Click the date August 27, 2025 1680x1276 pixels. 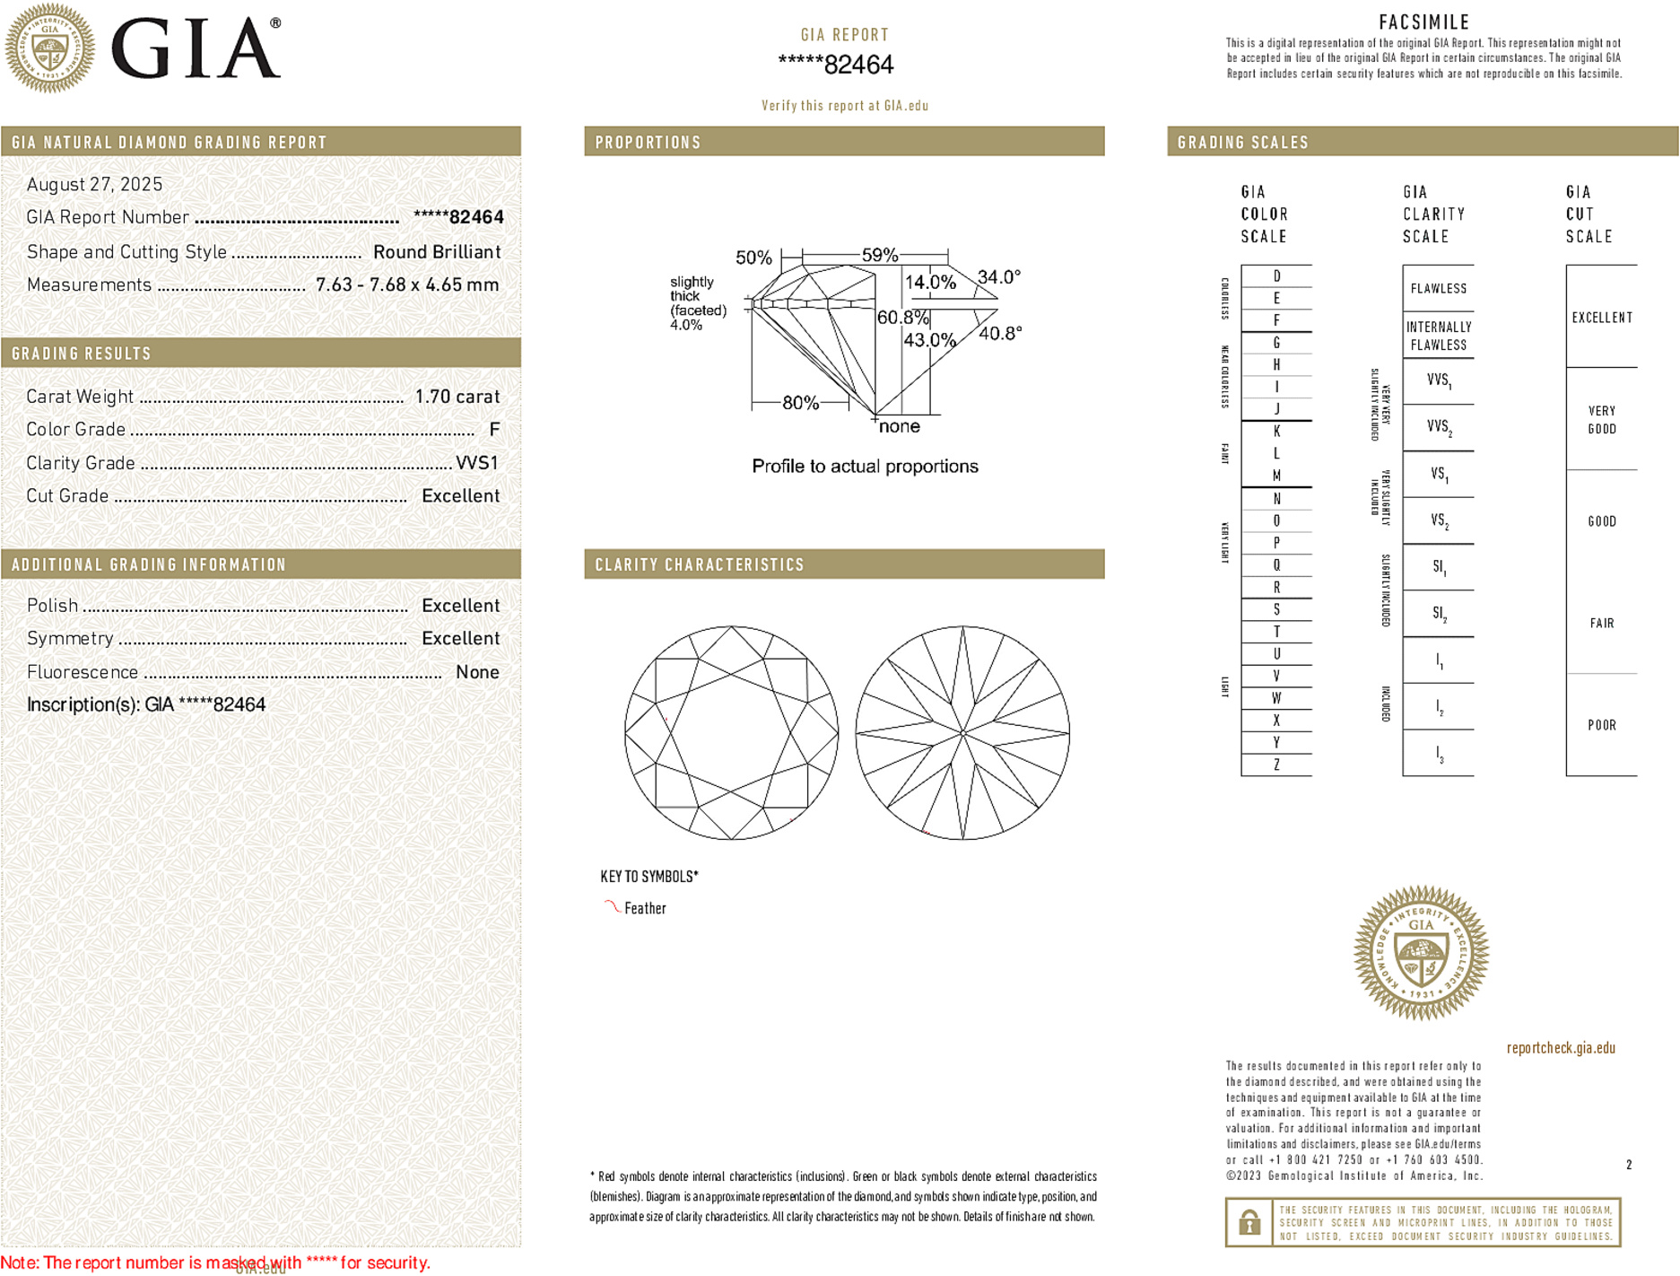(x=94, y=184)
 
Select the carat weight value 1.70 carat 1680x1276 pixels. (x=457, y=397)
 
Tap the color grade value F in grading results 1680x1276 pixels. (x=494, y=430)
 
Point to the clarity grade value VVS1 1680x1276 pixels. (x=476, y=463)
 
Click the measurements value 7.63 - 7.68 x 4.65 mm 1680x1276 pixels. (x=406, y=285)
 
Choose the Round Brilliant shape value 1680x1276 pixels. (x=436, y=252)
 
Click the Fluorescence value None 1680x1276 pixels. (x=477, y=672)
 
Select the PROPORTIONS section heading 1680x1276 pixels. (x=648, y=143)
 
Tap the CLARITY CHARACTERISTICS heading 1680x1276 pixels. (x=700, y=564)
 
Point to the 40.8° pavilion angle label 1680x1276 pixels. (x=1000, y=334)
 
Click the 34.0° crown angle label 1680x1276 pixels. (x=998, y=277)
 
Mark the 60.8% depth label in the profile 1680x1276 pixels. (x=902, y=318)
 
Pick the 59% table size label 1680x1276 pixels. (x=879, y=255)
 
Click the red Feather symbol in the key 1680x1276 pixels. (x=612, y=906)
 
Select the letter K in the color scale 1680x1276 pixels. (x=1276, y=432)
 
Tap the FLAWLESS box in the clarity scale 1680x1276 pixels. (x=1438, y=289)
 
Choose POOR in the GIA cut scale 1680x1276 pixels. (x=1601, y=725)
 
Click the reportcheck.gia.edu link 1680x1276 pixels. (x=1560, y=1047)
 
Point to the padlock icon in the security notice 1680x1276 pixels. (x=1249, y=1222)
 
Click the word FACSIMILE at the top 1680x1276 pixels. (x=1423, y=22)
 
